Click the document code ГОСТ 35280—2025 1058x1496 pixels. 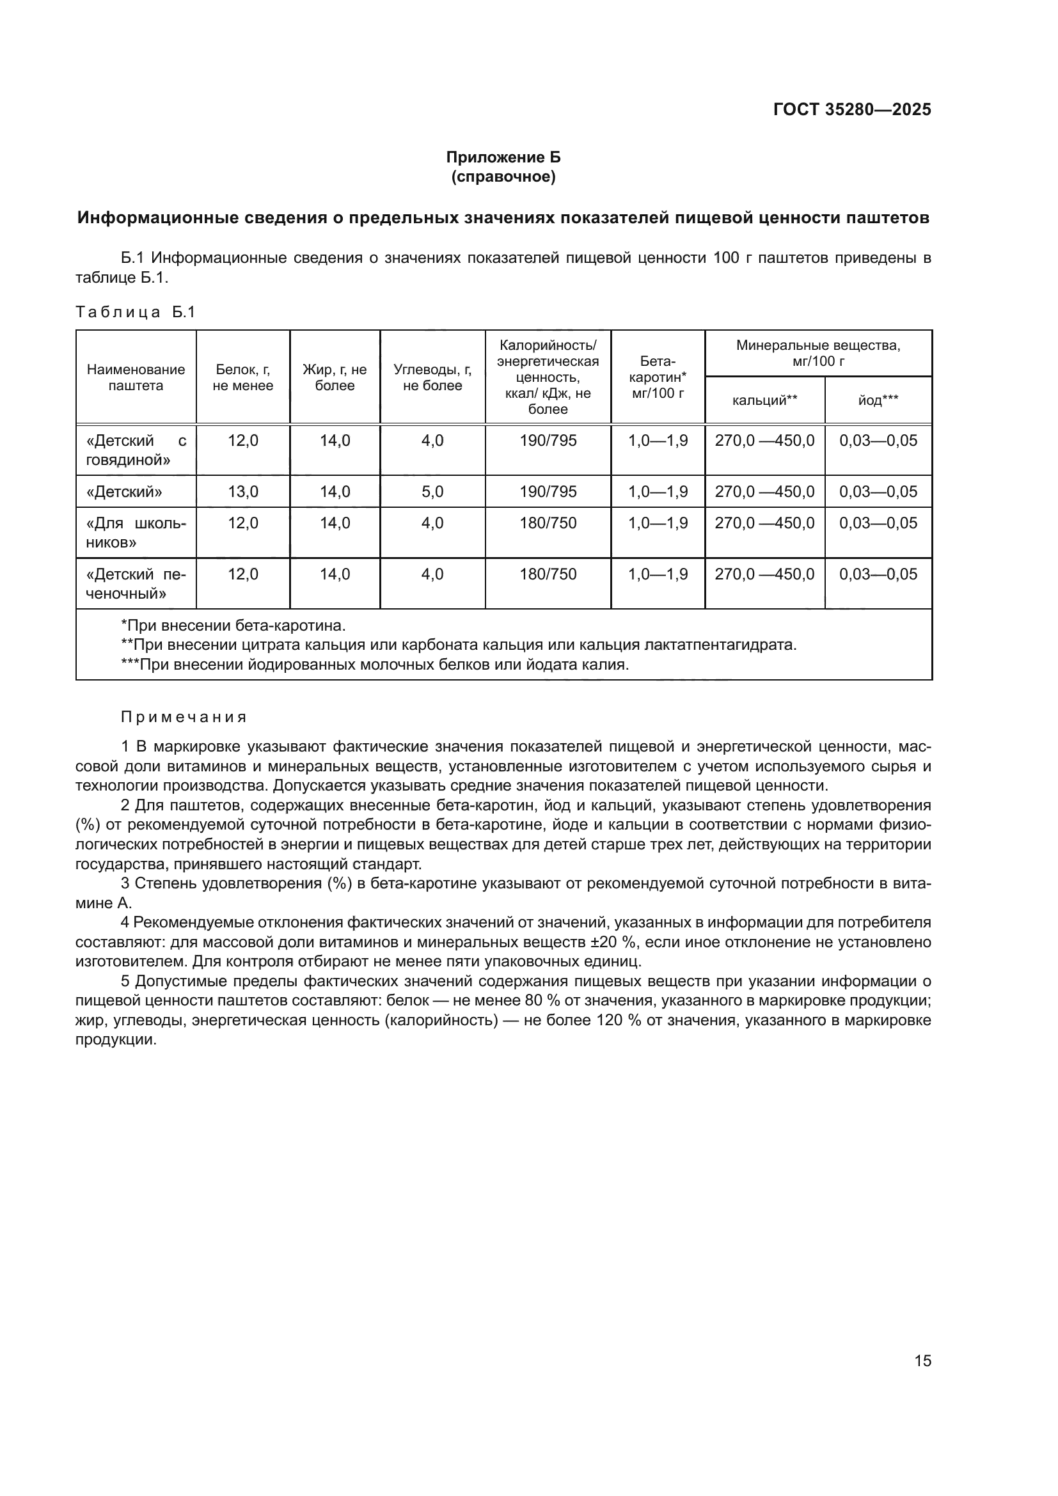coord(851,109)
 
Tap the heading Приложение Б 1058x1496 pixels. coord(503,157)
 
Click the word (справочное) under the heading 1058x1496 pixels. coord(503,177)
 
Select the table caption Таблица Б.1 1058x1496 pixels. coord(136,312)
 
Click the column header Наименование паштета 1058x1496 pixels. coord(136,377)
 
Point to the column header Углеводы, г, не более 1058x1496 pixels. coord(432,377)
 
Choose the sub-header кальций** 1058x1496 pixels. coord(764,400)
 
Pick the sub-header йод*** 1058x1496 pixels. coord(878,400)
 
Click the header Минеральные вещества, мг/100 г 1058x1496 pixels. coord(817,352)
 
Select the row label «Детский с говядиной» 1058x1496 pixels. coord(136,450)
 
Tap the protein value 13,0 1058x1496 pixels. coord(242,491)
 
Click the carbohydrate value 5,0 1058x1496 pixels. coord(432,491)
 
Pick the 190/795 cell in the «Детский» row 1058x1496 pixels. coord(548,491)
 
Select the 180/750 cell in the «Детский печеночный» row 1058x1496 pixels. coord(548,574)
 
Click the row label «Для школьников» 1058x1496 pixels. coord(136,532)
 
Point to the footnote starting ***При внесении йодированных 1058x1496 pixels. coord(375,665)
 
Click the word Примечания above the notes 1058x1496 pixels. coord(184,718)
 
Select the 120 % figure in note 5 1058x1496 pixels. coord(616,1020)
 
